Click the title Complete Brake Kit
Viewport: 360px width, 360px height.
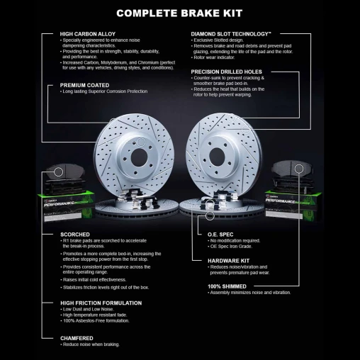[180, 12]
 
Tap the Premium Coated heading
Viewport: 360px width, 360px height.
[84, 85]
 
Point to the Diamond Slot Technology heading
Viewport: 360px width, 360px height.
[231, 34]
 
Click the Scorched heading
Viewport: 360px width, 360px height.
[74, 234]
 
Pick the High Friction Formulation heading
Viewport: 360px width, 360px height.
[96, 303]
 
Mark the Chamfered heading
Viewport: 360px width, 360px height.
[77, 338]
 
